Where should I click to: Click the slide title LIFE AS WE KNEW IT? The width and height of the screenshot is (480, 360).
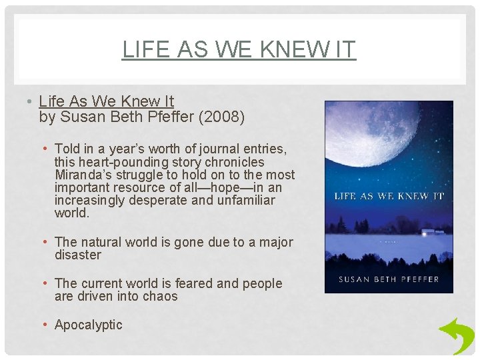pos(239,49)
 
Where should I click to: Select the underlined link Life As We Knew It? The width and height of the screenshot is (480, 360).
pos(106,101)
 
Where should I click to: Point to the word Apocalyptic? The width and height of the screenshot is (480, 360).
pos(89,325)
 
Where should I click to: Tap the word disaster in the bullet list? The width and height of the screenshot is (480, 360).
pos(78,255)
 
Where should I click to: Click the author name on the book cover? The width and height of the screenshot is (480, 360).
pos(389,279)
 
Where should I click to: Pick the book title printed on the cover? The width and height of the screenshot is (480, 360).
pos(389,196)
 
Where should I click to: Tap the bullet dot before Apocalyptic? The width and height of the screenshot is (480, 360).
pos(45,325)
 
